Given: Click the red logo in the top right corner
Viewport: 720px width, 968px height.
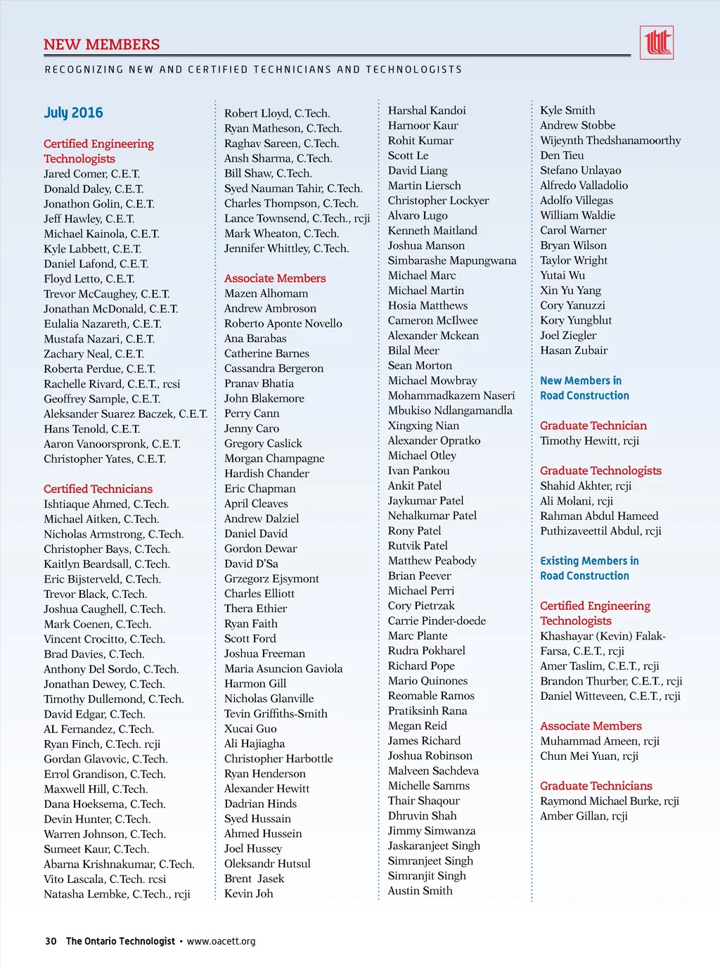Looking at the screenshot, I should tap(656, 43).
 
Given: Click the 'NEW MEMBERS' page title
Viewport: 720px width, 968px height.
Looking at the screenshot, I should tap(102, 44).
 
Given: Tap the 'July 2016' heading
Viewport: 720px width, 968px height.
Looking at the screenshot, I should tap(73, 113).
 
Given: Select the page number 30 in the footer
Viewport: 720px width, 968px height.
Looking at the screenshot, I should tap(51, 941).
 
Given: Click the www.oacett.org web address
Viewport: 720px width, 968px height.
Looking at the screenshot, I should tap(221, 941).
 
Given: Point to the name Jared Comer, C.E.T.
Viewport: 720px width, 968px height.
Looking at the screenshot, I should tap(91, 174).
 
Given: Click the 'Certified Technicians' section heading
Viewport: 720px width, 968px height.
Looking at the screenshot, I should tap(98, 489).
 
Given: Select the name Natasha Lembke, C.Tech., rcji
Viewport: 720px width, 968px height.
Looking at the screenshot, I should tap(117, 894).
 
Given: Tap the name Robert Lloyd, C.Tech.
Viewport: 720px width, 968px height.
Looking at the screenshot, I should tap(276, 113).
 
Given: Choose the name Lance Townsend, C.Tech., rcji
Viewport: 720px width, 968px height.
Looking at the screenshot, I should tap(297, 218).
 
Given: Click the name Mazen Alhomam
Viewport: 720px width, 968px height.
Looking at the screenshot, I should tap(266, 293).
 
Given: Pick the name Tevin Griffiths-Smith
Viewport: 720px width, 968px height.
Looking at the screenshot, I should tap(276, 713).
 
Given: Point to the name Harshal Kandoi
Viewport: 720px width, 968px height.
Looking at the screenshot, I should tap(427, 110).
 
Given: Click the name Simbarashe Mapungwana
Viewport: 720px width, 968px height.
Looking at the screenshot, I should tap(452, 260).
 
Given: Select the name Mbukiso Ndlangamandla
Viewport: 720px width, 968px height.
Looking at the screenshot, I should tap(450, 410).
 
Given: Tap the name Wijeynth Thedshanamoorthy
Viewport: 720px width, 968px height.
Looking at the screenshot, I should tap(610, 140).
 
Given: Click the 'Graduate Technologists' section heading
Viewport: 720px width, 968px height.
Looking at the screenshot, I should tap(600, 471).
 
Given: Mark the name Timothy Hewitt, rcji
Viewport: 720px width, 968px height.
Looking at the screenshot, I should tap(589, 440).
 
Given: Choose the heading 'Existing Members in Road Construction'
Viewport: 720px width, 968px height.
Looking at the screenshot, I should tap(589, 568).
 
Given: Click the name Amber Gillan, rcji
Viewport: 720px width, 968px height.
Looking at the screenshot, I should tap(584, 816).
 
